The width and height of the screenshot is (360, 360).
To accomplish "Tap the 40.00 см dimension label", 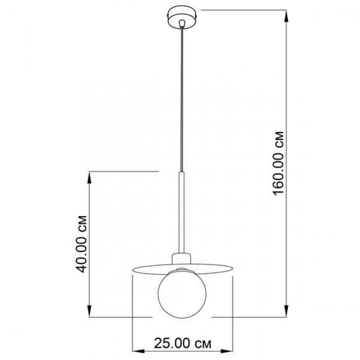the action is [x=81, y=244].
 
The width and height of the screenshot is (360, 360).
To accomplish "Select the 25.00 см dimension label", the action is [x=183, y=344].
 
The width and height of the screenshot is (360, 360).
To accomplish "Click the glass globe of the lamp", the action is [x=182, y=293].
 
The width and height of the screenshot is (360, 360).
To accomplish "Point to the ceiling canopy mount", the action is [x=182, y=18].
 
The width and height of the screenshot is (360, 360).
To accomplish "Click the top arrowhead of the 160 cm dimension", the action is [x=286, y=16].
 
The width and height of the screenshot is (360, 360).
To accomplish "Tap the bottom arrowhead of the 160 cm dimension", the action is [x=286, y=311].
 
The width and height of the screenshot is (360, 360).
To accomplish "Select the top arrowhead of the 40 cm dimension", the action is [x=90, y=177].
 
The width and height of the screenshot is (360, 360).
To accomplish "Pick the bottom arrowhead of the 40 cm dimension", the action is [x=90, y=311].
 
